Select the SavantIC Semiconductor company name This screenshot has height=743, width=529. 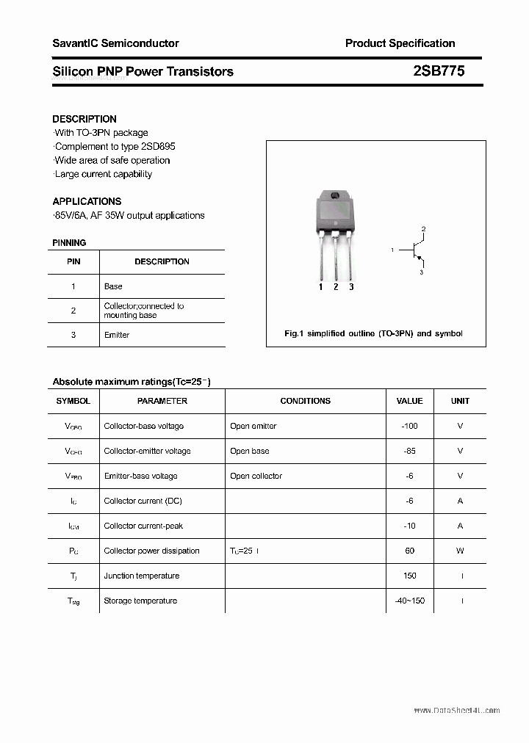click(115, 43)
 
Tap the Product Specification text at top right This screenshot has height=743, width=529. click(400, 43)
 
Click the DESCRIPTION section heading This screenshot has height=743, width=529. click(84, 119)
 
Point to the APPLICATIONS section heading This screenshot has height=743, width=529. click(87, 201)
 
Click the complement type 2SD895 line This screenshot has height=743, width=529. click(115, 147)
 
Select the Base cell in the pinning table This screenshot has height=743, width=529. click(113, 286)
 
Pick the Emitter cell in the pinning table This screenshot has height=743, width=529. click(117, 335)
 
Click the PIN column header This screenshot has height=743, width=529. click(73, 261)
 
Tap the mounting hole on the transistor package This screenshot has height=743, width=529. click(335, 195)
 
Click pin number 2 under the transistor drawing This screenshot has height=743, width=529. click(336, 287)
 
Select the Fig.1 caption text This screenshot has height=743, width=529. click(373, 333)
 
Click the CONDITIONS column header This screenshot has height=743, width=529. click(306, 401)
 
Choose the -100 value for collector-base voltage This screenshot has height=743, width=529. click(409, 426)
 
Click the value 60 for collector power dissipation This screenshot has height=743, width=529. click(409, 551)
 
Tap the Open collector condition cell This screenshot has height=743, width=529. click(256, 476)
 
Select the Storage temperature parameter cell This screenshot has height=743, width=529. click(140, 601)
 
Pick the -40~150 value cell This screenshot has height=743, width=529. click(409, 601)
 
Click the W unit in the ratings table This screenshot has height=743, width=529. click(461, 551)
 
